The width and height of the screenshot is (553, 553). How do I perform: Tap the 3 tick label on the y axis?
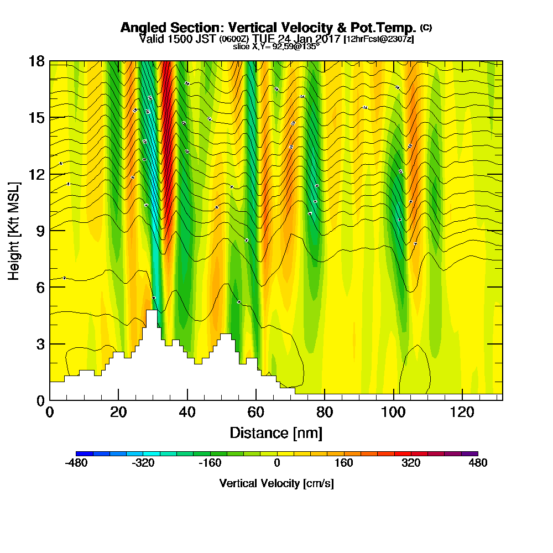(40, 343)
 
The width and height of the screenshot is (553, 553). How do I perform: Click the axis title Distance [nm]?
(276, 432)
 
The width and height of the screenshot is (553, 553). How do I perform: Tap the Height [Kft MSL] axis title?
(14, 230)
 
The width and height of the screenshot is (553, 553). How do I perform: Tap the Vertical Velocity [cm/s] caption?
(276, 483)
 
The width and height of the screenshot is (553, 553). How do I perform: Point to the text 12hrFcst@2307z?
(379, 39)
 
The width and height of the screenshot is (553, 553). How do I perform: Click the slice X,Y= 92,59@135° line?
(276, 47)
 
